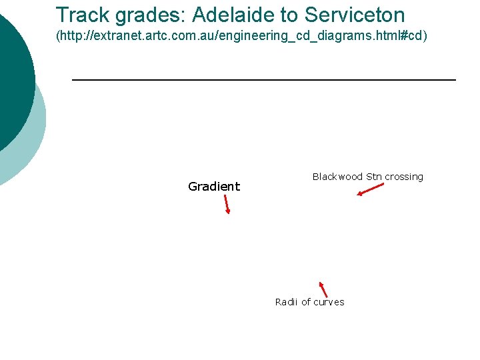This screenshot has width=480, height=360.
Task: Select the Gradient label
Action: click(214, 187)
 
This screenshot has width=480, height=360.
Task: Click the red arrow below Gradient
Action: click(227, 204)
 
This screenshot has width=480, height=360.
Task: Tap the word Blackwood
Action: click(337, 177)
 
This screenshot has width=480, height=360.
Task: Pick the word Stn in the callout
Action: click(373, 177)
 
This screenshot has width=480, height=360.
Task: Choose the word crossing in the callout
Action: click(404, 177)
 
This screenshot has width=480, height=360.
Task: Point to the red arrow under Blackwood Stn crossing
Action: click(371, 189)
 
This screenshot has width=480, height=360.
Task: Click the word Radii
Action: click(287, 302)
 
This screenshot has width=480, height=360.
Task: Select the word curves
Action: click(329, 302)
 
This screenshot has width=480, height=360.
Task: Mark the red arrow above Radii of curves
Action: click(323, 289)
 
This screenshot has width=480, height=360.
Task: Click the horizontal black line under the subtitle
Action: click(263, 80)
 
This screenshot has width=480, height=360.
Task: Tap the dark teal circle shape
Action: click(10, 80)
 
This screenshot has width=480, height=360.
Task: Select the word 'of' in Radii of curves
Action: click(306, 302)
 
